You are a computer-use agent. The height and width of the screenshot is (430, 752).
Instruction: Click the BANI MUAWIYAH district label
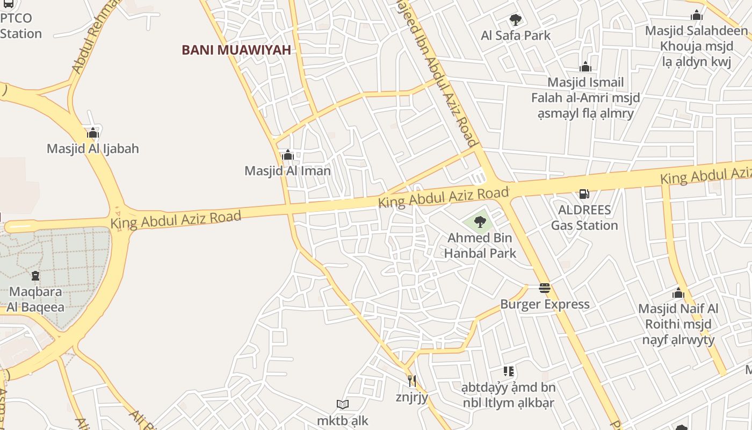pos(236,50)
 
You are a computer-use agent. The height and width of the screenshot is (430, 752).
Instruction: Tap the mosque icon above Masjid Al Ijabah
pos(93,133)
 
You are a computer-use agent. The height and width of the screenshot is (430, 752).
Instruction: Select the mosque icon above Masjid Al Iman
pos(287,155)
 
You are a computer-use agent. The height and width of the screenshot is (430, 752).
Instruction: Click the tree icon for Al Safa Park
pos(516,20)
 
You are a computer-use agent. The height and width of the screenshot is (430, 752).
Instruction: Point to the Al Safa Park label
pos(516,35)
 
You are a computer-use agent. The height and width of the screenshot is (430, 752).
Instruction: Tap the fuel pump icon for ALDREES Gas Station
pos(584,194)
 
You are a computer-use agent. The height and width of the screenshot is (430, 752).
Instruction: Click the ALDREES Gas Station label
pos(584,217)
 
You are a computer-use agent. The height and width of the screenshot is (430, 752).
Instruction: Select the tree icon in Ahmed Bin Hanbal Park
pos(480,221)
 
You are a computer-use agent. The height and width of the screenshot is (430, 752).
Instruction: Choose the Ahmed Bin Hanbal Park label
pos(480,245)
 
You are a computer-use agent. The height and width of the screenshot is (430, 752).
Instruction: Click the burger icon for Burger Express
pos(545,289)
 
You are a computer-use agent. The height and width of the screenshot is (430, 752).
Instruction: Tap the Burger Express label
pos(545,304)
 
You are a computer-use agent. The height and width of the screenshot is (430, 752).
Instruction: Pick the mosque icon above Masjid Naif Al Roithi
pos(678,293)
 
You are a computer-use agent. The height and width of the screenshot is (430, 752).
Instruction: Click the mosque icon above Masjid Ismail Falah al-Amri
pos(585,67)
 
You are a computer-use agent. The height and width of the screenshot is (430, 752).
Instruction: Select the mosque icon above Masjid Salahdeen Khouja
pos(697,15)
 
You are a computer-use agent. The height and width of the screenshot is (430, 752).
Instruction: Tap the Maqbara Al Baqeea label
pos(35,299)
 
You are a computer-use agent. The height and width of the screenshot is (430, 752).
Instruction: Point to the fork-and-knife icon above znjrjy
pos(411,381)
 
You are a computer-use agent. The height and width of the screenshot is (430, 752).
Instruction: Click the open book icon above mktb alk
pos(342,404)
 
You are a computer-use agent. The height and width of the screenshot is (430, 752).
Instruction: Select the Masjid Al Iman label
pos(287,171)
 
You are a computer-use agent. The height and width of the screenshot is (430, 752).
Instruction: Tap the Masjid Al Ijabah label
pos(93,148)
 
